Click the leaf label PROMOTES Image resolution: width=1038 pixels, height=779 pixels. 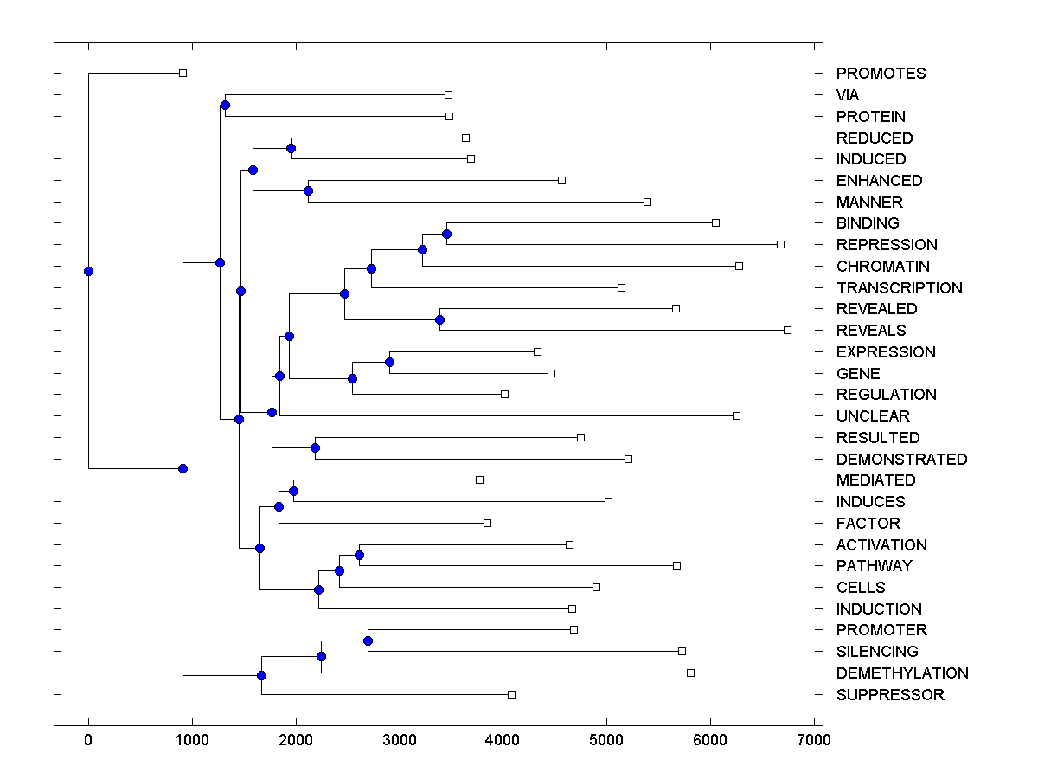point(881,74)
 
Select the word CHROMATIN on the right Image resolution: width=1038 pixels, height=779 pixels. point(883,267)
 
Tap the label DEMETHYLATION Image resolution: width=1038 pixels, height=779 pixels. point(902,673)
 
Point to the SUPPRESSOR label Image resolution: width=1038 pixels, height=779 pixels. point(890,695)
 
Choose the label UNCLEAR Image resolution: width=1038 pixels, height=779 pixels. point(873,416)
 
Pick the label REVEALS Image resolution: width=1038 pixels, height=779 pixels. point(871,331)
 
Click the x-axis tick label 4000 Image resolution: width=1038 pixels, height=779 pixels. point(503,739)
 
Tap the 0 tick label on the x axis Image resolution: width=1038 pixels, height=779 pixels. point(88,739)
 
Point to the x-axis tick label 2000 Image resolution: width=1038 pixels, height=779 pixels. point(296,739)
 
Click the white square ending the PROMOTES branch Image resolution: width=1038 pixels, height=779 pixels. point(183,73)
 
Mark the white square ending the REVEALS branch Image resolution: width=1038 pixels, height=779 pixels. point(787,330)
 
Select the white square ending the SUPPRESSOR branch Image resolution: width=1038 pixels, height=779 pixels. point(511,694)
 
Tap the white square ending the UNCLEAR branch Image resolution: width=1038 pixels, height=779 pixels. point(736,415)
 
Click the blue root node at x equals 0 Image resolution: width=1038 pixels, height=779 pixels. point(88,271)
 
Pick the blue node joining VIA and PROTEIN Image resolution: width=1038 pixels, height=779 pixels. point(225,106)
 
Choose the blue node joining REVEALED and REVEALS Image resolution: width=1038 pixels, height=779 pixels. point(439,319)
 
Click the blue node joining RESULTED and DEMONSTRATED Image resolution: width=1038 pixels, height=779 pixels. point(315,447)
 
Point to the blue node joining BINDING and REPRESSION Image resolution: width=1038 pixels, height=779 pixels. point(446,234)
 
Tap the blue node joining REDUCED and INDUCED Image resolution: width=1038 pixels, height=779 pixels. point(291,148)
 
